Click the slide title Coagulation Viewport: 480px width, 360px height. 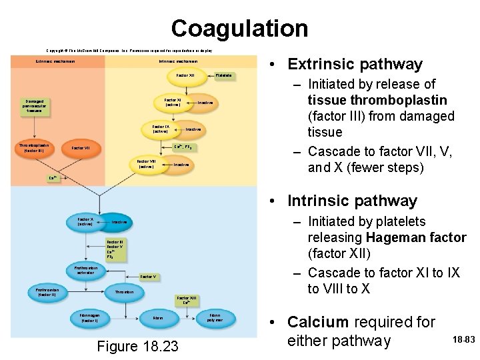(239, 28)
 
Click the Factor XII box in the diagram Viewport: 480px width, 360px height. (185, 75)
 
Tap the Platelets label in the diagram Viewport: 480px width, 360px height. (224, 75)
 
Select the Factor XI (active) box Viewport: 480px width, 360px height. (173, 102)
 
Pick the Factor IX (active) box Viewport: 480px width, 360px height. (161, 129)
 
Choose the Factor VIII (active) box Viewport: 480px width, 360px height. (146, 163)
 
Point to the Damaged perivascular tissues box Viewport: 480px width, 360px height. (35, 105)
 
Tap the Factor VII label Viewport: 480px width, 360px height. (81, 148)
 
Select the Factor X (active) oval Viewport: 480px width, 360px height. (85, 221)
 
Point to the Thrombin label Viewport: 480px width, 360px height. (124, 292)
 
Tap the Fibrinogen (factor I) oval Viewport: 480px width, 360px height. (89, 318)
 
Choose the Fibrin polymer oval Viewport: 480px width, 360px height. (215, 317)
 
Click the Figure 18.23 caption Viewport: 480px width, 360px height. (137, 346)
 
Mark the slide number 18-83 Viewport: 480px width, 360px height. (463, 340)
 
